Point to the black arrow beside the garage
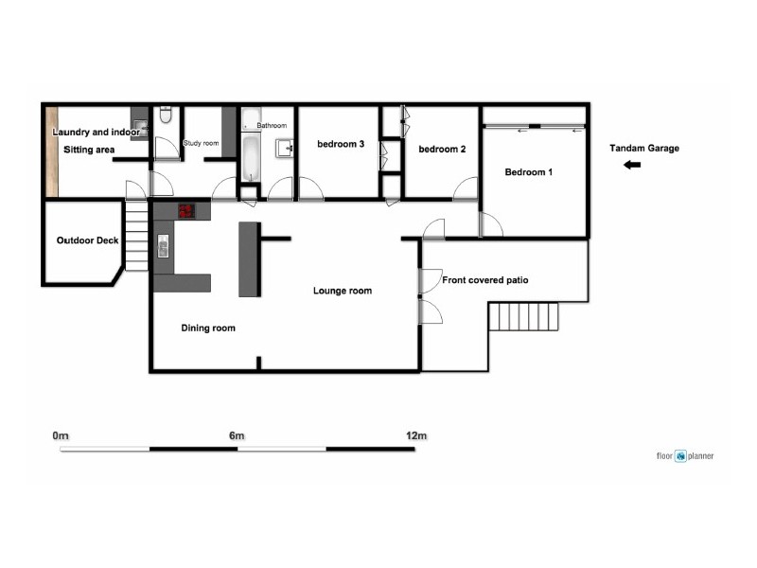632,166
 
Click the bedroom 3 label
341,144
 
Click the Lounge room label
343,291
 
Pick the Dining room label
208,328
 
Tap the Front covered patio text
485,280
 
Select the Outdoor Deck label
87,240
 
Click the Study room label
201,143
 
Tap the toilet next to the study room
166,115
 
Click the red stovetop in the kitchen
186,210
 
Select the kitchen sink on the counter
163,248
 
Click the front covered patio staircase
521,316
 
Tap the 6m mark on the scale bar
237,436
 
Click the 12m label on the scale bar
416,436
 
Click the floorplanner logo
685,456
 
